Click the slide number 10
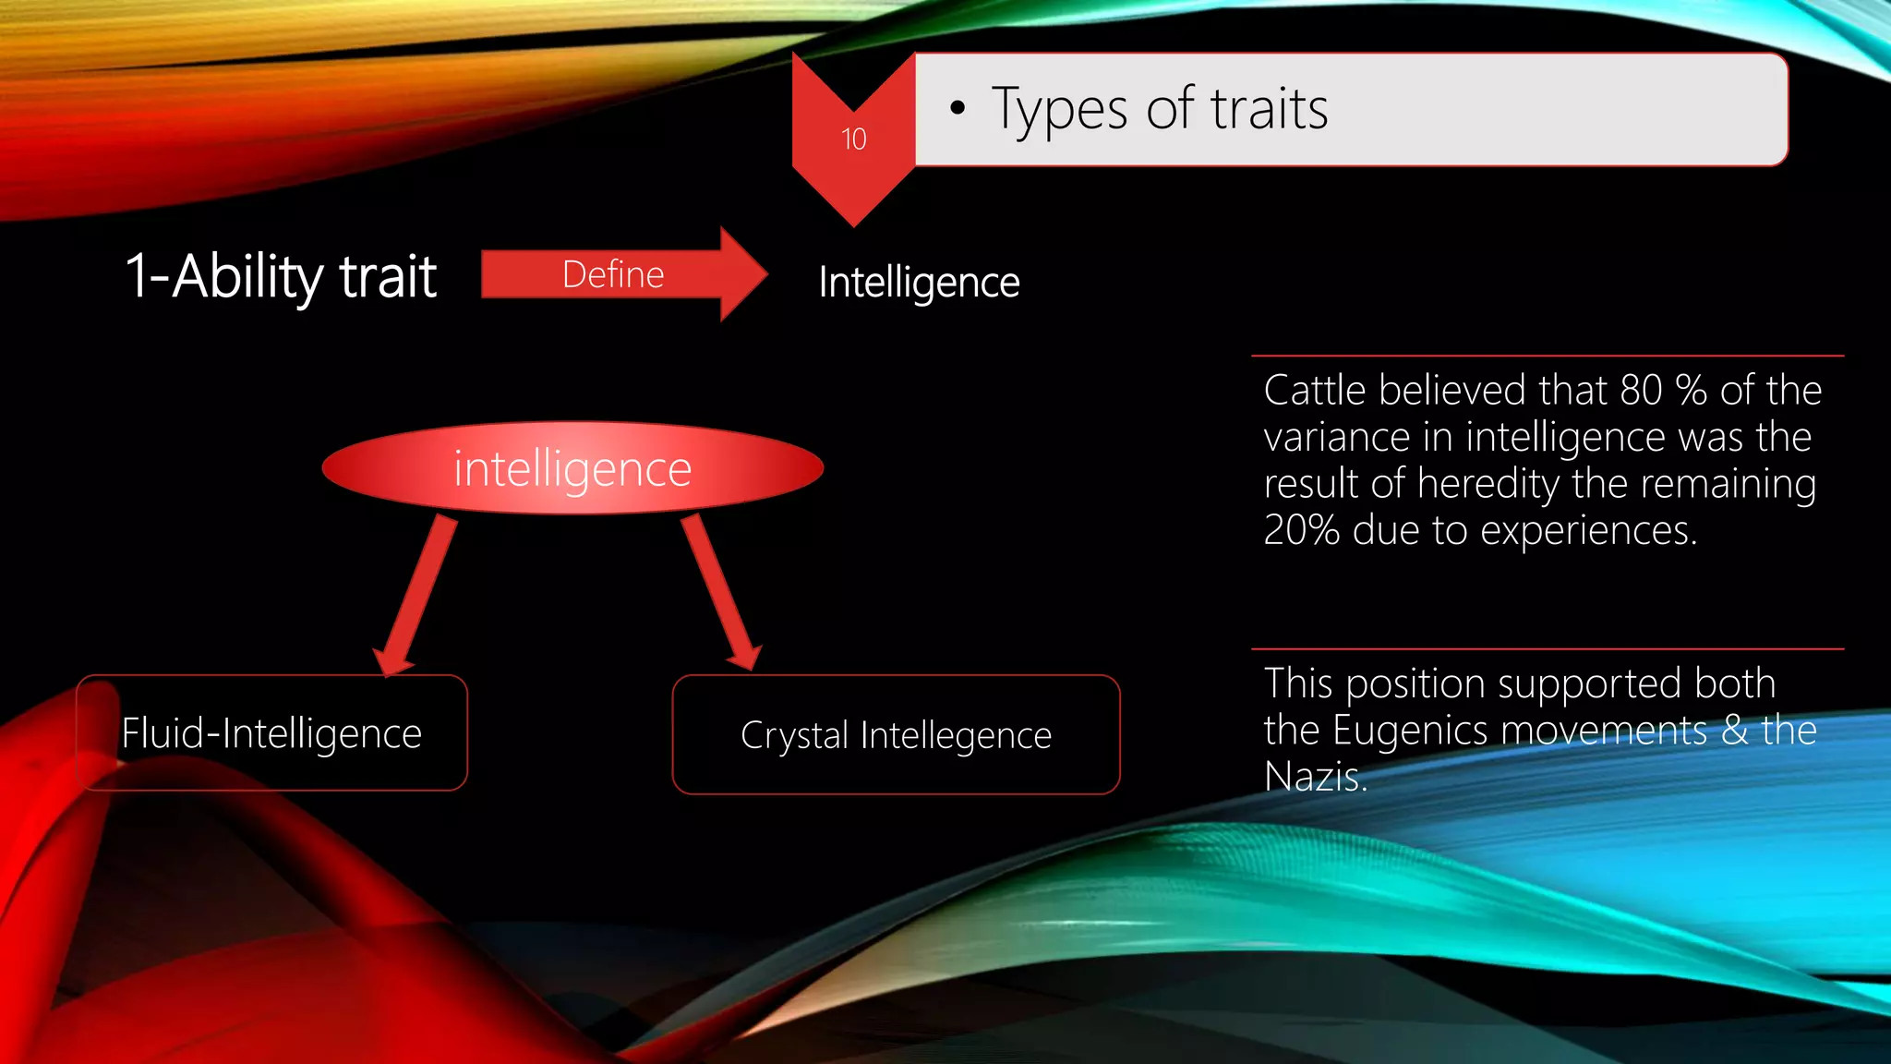click(x=853, y=139)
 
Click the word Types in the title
click(x=1059, y=110)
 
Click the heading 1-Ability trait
click(x=281, y=276)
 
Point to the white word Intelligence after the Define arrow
click(x=919, y=282)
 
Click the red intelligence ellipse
click(x=572, y=468)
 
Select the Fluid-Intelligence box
click(x=271, y=733)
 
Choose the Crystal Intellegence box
click(x=896, y=735)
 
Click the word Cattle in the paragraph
click(x=1315, y=390)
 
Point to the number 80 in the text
click(x=1641, y=390)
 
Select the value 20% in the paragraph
click(x=1301, y=530)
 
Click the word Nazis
click(x=1315, y=777)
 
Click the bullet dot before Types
click(x=958, y=109)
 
